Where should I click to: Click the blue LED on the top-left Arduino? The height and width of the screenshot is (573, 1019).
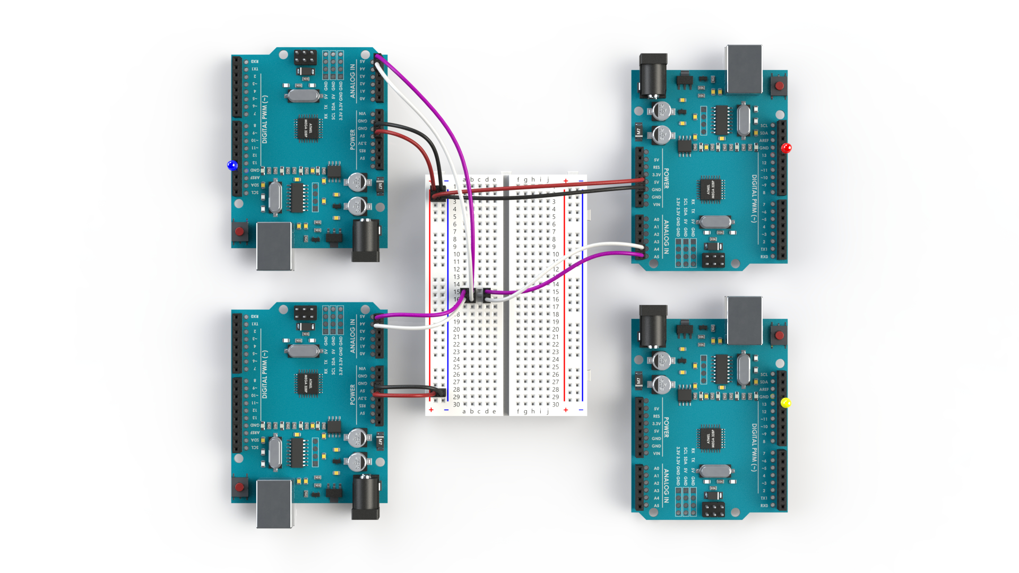coord(232,166)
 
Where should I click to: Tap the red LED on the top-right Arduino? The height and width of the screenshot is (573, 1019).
coord(786,148)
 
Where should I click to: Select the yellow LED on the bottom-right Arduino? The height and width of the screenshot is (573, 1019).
coord(786,403)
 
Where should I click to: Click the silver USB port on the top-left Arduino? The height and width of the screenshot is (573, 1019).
coord(274,246)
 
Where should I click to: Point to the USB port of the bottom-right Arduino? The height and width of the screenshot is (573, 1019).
coord(745,319)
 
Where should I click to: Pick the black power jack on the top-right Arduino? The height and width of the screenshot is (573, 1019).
coord(653,75)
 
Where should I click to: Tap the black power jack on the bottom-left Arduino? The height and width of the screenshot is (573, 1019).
coord(366,497)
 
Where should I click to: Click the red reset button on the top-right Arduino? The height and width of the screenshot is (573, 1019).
coord(779,85)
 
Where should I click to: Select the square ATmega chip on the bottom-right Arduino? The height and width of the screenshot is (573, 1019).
coord(711,438)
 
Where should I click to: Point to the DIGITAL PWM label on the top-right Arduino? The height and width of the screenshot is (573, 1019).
coord(754,198)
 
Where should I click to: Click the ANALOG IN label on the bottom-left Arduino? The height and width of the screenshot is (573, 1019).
coord(352,336)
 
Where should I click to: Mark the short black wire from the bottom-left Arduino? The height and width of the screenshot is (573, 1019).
coord(409,388)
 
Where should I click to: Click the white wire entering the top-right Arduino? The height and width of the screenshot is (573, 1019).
coord(610,245)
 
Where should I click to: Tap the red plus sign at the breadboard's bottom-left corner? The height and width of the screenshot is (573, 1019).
coord(431,410)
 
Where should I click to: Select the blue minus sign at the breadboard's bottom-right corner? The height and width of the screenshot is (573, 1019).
coord(581,410)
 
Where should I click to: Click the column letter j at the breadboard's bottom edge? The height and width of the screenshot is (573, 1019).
coord(548,411)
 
